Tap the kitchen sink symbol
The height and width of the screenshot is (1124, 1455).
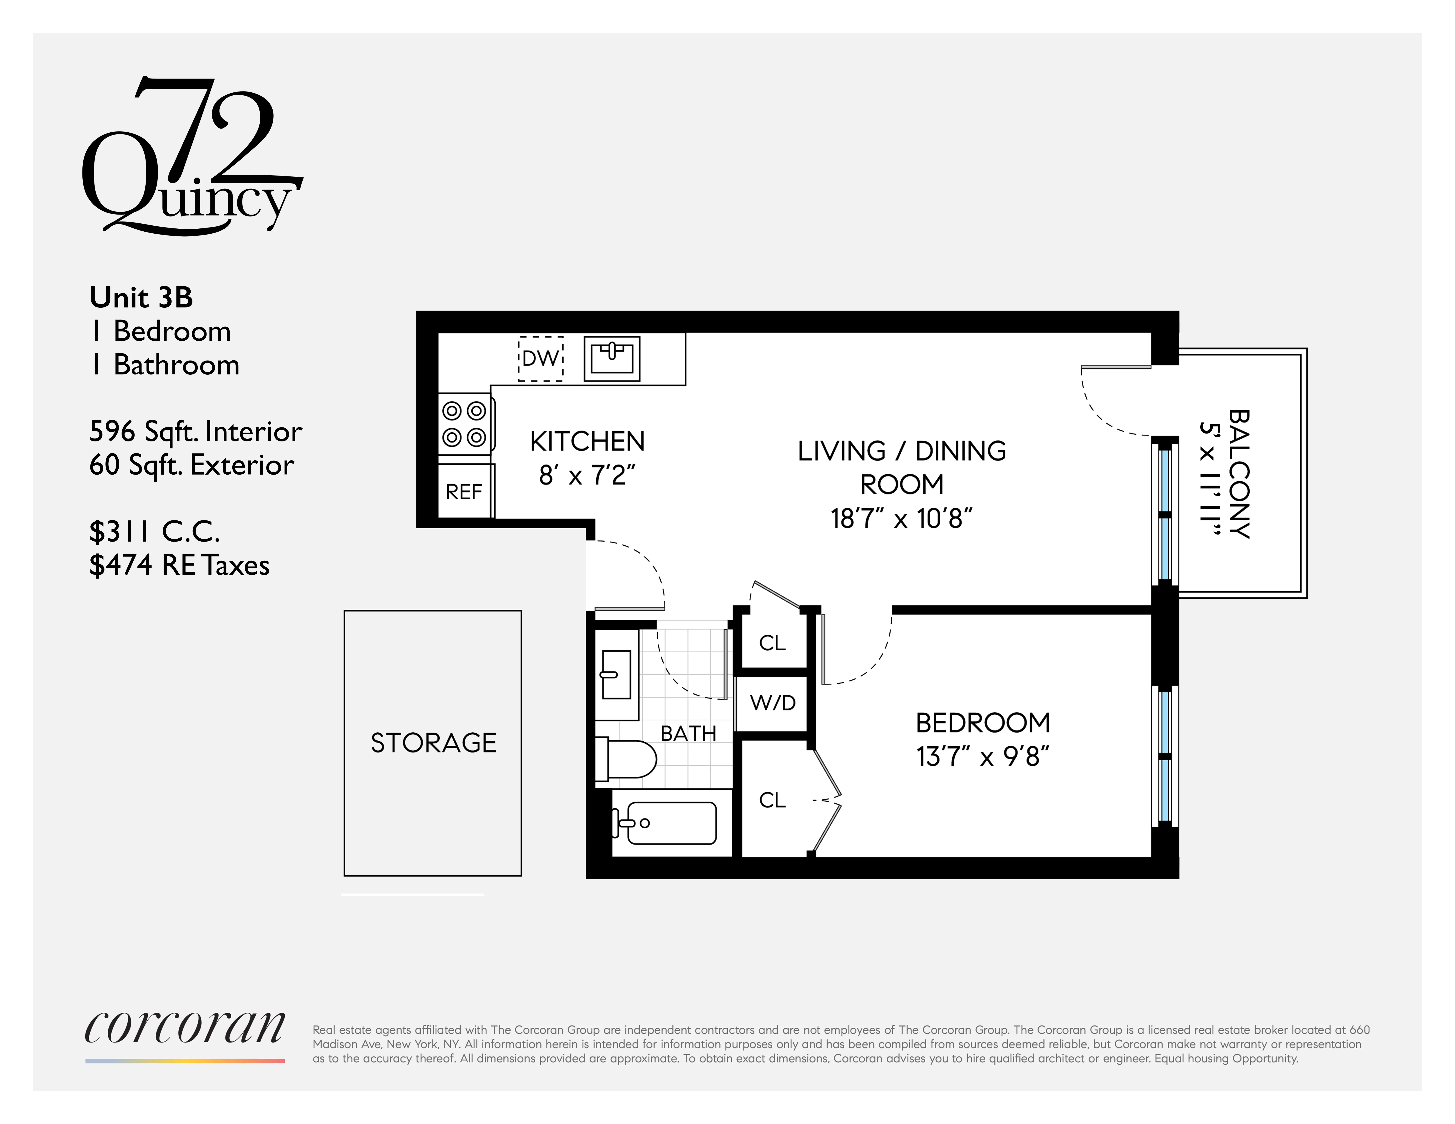click(x=612, y=358)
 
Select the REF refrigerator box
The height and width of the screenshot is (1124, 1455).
click(x=464, y=491)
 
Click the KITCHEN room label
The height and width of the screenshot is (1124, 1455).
click(x=587, y=441)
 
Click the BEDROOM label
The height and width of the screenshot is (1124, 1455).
click(x=983, y=723)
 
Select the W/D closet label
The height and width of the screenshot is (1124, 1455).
click(x=773, y=703)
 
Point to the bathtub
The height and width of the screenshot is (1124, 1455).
click(x=669, y=823)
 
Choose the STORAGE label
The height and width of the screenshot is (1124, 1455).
click(x=433, y=743)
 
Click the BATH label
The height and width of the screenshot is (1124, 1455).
click(x=688, y=733)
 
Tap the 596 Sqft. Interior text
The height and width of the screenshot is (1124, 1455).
click(x=195, y=431)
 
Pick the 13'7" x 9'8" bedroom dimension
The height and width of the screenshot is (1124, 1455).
click(x=983, y=756)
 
